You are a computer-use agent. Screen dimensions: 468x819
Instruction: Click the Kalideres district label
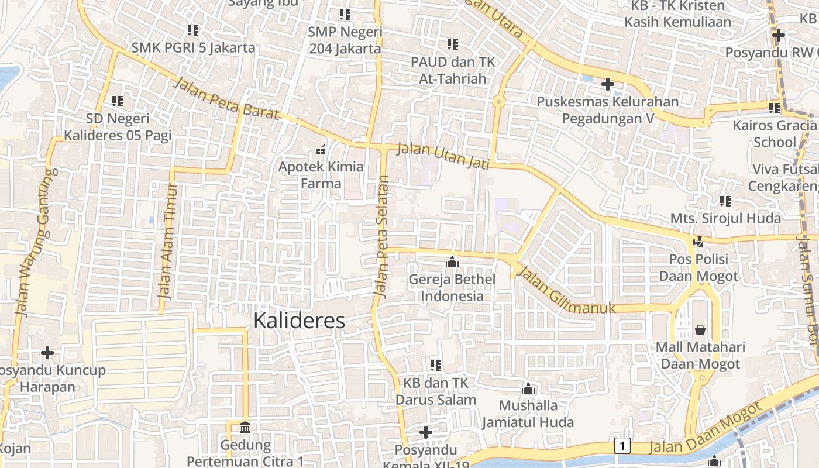tap(299, 321)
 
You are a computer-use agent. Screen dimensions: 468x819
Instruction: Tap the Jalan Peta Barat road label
tap(226, 98)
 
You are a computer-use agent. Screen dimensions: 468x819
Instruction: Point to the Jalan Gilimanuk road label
tap(566, 290)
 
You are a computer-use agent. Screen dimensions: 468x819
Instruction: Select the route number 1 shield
tap(622, 446)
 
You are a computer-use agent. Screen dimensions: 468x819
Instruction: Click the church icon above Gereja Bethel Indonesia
tap(452, 263)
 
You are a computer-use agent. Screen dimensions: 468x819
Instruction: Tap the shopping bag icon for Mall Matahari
tap(700, 330)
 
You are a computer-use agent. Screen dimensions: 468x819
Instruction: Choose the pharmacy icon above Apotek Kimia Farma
tap(321, 150)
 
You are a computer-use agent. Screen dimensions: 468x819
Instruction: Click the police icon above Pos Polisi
tap(698, 241)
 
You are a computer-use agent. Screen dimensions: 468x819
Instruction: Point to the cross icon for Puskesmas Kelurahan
tap(608, 84)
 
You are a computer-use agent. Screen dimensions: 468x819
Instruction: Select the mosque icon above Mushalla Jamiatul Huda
tap(528, 388)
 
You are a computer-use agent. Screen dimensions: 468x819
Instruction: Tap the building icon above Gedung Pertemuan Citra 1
tap(245, 428)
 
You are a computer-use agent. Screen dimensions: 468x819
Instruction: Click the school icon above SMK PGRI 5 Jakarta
tap(193, 30)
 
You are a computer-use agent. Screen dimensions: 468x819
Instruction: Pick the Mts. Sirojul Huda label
tap(725, 218)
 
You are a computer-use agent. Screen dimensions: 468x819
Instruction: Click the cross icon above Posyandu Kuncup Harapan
tap(47, 353)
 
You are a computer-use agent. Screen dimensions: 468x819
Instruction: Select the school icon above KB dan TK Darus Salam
tap(436, 366)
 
